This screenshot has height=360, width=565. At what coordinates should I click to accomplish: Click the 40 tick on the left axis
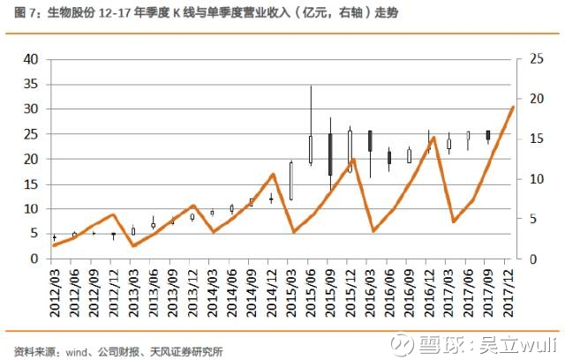[x=31, y=59]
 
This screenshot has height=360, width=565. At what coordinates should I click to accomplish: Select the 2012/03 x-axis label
[x=55, y=289]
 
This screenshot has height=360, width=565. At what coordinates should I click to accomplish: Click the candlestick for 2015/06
[x=311, y=150]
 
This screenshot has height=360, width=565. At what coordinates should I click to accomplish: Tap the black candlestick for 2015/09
[x=330, y=154]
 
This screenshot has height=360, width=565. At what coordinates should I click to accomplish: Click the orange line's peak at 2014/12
[x=273, y=174]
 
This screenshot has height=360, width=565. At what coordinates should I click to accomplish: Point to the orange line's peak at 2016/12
[x=433, y=162]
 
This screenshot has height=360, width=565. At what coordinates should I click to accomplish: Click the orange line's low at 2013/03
[x=134, y=245]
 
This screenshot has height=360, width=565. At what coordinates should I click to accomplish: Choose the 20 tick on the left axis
[x=31, y=159]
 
